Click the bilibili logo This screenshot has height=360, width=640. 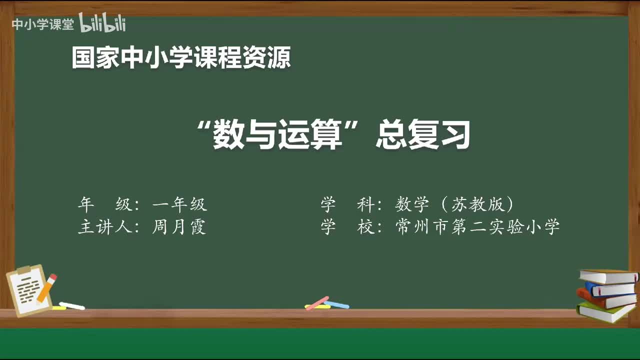click(x=102, y=23)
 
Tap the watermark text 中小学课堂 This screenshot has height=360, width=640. click(x=42, y=24)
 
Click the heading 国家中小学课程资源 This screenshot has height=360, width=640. click(x=181, y=58)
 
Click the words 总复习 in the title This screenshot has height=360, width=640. click(x=423, y=136)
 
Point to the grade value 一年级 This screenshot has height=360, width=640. click(x=179, y=204)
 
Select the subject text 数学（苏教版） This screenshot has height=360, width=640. click(x=454, y=204)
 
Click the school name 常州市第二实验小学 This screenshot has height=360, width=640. click(x=477, y=227)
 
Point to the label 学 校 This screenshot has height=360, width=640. click(x=347, y=227)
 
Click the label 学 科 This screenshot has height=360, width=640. click(x=347, y=204)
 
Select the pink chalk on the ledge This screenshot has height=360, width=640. click(x=317, y=302)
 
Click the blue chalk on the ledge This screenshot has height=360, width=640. click(x=337, y=304)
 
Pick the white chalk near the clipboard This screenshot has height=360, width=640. click(x=72, y=305)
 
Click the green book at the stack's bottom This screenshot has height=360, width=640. click(x=605, y=311)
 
